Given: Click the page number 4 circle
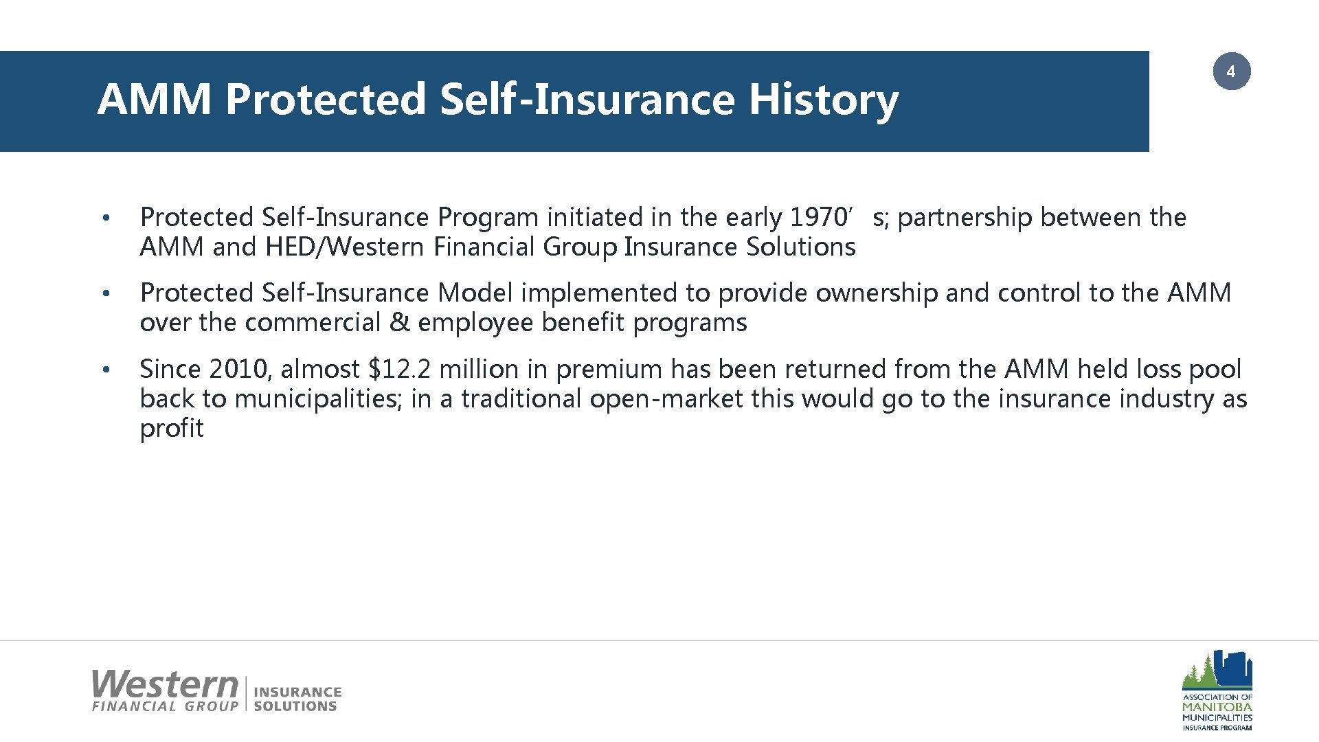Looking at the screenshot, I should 1231,71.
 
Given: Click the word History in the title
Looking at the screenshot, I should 823,99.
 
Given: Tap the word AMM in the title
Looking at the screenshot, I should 155,99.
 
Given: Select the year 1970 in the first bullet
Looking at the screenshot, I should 818,217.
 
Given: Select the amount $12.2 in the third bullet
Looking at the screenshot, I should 400,370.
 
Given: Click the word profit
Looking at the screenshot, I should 172,429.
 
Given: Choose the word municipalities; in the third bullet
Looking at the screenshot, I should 319,399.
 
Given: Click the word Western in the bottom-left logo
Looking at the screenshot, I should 165,684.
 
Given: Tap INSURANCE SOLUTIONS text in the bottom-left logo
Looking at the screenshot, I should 297,699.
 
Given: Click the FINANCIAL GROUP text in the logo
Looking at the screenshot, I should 165,706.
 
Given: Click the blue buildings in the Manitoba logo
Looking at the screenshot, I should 1234,667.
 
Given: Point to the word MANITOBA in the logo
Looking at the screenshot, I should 1217,706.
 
